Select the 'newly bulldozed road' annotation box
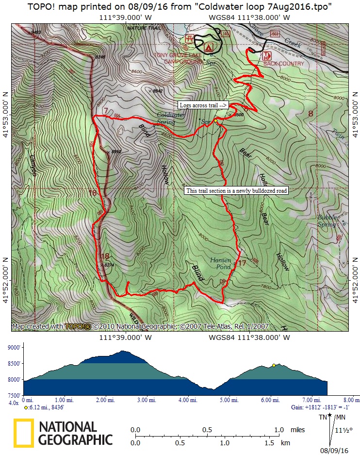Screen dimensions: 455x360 tap(237, 191)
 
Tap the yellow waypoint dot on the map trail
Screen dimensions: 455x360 tap(215, 121)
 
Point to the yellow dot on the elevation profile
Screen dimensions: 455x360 tap(274, 365)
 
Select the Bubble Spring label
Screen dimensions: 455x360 tap(327, 221)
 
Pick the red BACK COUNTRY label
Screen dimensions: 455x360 tap(284, 64)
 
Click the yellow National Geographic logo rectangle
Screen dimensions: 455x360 tap(23, 433)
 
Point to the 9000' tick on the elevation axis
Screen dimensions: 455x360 tap(13, 348)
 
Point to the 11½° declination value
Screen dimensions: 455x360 tap(342, 430)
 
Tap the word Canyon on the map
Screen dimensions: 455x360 tap(33, 165)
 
